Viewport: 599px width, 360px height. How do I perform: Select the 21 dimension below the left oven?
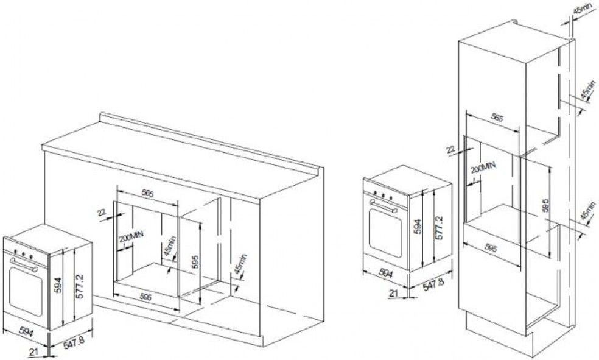[33, 350]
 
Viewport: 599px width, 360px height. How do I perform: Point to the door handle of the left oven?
[24, 264]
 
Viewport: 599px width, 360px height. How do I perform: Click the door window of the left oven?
[25, 292]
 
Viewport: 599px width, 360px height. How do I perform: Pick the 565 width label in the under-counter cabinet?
[147, 194]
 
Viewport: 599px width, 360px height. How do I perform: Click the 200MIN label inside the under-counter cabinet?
[131, 238]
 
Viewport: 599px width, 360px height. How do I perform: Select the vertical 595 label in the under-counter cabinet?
[195, 263]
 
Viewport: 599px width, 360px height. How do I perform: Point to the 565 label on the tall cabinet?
[497, 118]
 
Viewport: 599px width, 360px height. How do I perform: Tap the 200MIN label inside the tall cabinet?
[483, 168]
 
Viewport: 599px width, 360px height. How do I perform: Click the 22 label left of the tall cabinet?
[452, 149]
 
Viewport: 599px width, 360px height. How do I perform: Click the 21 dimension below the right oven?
[393, 293]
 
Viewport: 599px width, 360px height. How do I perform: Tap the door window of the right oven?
[385, 232]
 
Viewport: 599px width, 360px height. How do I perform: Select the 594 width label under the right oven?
[386, 274]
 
